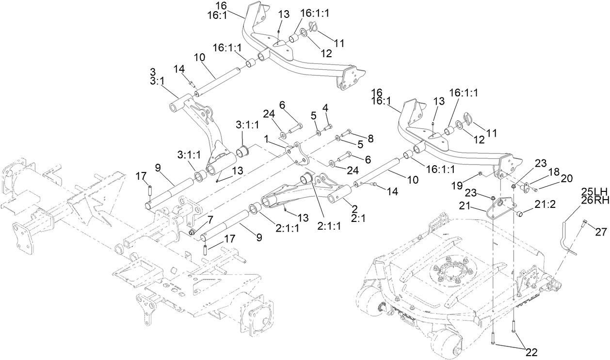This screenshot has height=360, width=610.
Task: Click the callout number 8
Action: click(x=371, y=138)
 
